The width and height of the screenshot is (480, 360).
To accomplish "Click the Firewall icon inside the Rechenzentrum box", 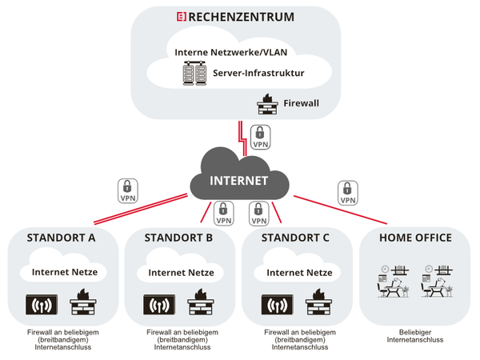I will point(264,102).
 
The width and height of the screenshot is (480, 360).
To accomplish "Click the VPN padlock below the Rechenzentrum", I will point(260,137).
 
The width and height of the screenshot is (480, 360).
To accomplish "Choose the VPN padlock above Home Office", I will point(348,193).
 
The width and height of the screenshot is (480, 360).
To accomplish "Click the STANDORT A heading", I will point(61,238).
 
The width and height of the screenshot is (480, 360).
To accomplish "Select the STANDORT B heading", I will point(178,238).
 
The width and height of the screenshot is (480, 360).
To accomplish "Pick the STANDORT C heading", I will point(296,238).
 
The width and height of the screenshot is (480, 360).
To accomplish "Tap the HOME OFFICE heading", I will point(415,238).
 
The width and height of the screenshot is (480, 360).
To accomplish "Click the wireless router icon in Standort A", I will point(42,307).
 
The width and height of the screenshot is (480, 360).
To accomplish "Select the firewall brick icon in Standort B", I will point(198,306).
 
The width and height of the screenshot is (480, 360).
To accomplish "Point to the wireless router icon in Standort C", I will point(277,307).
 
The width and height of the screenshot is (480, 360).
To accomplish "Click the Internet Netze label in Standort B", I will point(178,272).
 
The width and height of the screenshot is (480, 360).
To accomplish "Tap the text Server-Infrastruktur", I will point(258,74).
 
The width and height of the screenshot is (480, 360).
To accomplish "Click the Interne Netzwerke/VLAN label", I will point(230,53).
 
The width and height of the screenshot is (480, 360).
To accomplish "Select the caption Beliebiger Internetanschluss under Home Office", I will point(414,335).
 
